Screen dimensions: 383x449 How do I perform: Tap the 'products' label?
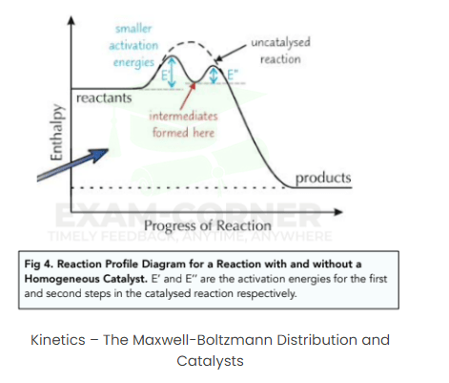point(323,178)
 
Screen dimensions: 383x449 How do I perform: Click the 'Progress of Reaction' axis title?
point(214,225)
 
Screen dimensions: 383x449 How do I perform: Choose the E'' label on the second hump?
point(229,72)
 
